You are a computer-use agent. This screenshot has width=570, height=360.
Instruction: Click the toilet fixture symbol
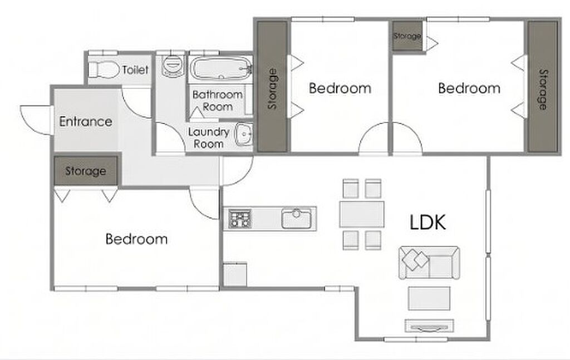[104, 69]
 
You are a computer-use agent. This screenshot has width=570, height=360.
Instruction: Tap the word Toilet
[135, 70]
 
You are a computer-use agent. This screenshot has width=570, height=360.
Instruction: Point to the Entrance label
[86, 121]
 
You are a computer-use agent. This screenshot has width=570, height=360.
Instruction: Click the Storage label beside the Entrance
[86, 171]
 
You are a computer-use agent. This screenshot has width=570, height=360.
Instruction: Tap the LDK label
[427, 222]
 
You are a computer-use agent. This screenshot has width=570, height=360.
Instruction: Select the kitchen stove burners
[240, 218]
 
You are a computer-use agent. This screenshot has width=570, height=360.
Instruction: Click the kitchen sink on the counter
[296, 218]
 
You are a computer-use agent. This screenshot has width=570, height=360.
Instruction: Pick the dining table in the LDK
[362, 214]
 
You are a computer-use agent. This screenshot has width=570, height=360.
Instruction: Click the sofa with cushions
[429, 263]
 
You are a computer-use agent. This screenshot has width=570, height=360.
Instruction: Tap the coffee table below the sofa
[429, 298]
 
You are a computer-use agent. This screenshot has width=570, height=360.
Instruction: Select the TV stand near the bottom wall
[429, 326]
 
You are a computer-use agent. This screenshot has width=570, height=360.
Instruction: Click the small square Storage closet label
[407, 36]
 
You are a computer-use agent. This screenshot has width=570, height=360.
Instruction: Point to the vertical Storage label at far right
[542, 90]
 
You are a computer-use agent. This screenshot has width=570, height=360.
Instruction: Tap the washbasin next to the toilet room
[172, 66]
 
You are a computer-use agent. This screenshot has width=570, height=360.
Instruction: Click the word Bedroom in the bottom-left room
[137, 239]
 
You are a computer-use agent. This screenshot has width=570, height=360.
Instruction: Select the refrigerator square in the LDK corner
[235, 274]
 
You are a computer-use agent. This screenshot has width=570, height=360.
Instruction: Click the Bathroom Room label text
[218, 101]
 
